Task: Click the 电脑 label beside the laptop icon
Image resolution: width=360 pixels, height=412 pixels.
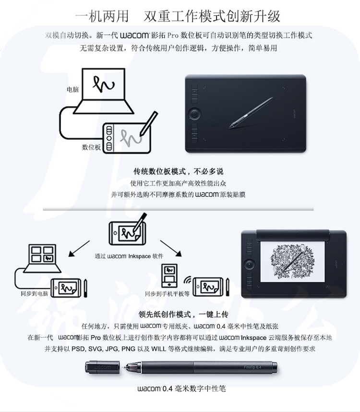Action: (x=72, y=90)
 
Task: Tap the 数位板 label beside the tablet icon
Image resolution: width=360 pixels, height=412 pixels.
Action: (x=91, y=147)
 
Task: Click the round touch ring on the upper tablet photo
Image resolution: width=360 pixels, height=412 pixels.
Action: (x=194, y=114)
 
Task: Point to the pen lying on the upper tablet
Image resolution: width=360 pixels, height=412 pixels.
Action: (x=251, y=113)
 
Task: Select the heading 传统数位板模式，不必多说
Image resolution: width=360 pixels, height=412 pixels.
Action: (x=178, y=171)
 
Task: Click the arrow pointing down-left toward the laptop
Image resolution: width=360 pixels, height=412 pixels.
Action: (x=79, y=249)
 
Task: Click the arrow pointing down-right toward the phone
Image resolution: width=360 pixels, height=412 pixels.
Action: (x=171, y=248)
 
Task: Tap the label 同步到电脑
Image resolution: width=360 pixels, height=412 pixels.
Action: (x=35, y=293)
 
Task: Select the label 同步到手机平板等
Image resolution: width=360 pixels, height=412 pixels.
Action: (x=167, y=294)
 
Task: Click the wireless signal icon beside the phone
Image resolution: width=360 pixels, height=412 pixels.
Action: (x=188, y=279)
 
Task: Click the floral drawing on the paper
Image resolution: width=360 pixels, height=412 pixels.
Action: (x=292, y=262)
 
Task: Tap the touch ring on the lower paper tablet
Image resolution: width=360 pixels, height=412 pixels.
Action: (x=249, y=264)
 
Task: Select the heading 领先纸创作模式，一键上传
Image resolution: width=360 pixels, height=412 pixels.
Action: (x=183, y=314)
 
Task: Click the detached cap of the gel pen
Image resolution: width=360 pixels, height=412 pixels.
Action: (x=102, y=367)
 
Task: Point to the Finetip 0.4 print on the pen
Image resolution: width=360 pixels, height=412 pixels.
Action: (x=252, y=367)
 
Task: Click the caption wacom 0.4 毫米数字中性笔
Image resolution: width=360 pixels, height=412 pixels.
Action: (x=181, y=388)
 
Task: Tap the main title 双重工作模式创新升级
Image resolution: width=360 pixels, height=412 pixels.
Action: (x=212, y=16)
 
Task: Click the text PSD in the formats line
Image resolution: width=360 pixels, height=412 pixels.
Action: (x=78, y=349)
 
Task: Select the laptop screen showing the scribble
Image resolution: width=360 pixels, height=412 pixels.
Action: (x=104, y=85)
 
